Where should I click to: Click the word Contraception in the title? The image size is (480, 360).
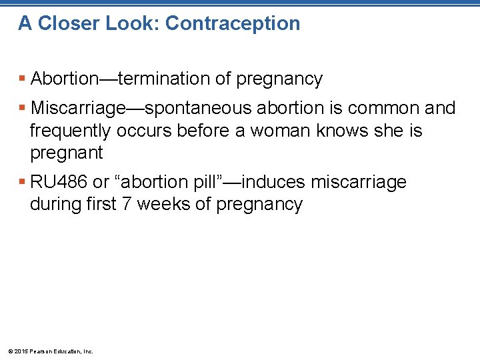(233, 23)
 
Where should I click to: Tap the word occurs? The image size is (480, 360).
(142, 131)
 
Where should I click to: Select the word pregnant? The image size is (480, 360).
(67, 153)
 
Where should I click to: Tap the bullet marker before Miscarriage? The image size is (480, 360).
(23, 108)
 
